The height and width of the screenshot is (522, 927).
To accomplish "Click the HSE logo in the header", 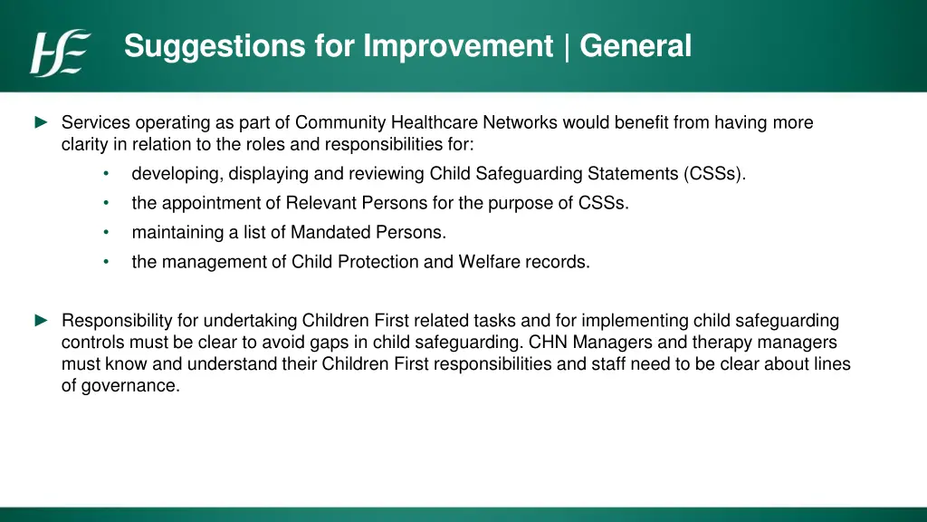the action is (x=61, y=53).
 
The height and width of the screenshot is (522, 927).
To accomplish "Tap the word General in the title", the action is (x=635, y=45).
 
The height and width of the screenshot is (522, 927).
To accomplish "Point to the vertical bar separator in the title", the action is (x=567, y=47).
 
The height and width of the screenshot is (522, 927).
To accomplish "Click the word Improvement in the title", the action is (x=457, y=45).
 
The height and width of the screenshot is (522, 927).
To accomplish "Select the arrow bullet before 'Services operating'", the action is (x=42, y=122).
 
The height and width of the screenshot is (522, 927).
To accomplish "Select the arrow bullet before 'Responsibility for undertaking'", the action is (x=42, y=321).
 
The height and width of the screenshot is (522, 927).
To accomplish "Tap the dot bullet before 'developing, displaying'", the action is (x=107, y=173).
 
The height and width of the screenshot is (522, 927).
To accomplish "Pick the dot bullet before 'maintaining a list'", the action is (x=107, y=232).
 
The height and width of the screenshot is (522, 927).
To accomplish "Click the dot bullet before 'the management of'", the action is (x=107, y=262).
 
